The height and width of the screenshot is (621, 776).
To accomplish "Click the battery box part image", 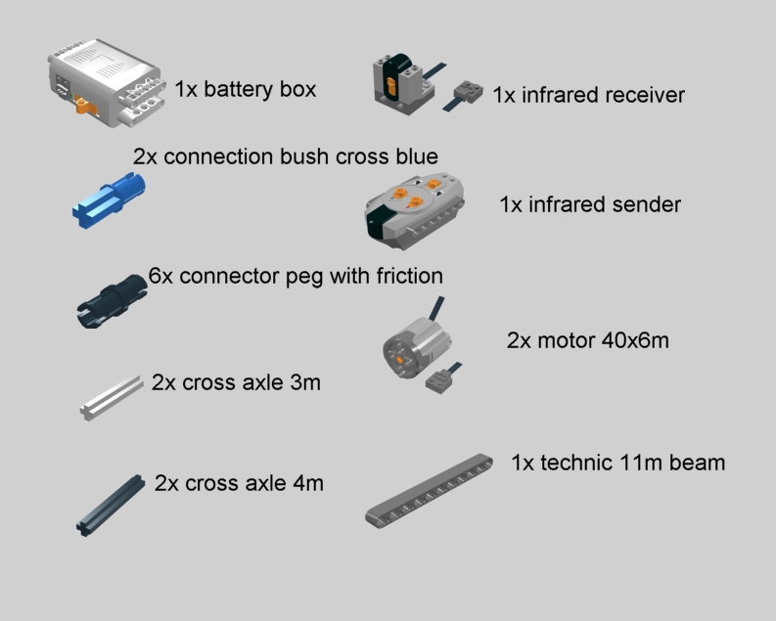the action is tap(107, 82).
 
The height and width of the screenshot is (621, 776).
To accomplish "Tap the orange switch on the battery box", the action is tap(85, 106).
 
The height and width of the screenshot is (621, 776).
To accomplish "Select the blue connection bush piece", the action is tap(109, 200).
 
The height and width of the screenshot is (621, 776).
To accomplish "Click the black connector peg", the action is tap(112, 300).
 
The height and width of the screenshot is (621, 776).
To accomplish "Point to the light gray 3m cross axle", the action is tap(112, 397).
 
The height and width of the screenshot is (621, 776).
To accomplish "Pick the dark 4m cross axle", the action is tap(111, 506).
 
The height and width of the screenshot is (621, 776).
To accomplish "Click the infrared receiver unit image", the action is tap(404, 84).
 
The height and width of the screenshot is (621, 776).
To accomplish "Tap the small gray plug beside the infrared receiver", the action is tap(468, 93).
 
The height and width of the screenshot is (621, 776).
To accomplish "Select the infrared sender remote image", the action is tap(414, 210).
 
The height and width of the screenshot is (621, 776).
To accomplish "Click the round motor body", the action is tap(417, 346).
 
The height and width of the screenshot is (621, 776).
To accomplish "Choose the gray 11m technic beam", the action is tap(429, 491).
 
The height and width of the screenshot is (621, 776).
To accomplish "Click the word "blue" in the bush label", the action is tap(417, 156).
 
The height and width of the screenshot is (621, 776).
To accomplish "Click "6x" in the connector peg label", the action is tap(160, 276).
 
